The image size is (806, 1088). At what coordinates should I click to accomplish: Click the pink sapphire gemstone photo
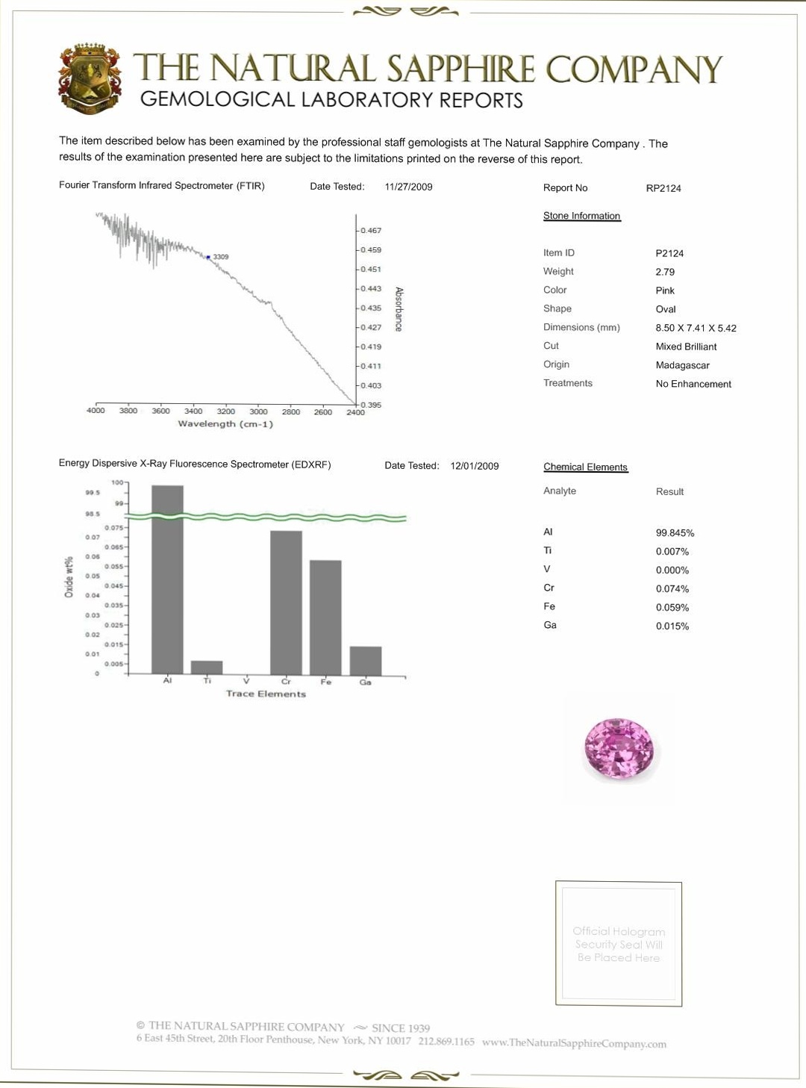tap(619, 748)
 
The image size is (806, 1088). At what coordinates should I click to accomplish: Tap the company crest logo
tap(90, 78)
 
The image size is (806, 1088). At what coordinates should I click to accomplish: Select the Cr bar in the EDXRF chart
tap(286, 602)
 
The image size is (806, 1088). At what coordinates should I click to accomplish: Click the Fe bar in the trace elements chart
tap(325, 617)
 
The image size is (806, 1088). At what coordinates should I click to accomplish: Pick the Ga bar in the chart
tap(366, 660)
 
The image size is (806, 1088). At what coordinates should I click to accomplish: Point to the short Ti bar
tap(207, 667)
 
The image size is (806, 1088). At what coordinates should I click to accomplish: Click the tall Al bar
tap(167, 579)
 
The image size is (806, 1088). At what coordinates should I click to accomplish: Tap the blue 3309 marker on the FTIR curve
tap(208, 257)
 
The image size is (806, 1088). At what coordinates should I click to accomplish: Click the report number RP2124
tap(663, 188)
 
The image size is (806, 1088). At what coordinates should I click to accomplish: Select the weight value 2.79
tap(665, 272)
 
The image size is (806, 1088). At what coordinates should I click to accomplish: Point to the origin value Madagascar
tap(682, 365)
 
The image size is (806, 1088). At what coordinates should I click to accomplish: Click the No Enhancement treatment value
tap(693, 384)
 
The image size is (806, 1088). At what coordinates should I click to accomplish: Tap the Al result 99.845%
tap(675, 533)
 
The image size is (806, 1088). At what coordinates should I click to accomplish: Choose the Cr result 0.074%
tap(672, 589)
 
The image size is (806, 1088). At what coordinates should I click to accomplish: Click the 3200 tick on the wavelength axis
tap(225, 411)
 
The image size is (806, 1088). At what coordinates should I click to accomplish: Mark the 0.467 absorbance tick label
tap(371, 231)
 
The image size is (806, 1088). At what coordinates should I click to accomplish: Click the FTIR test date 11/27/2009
tap(408, 187)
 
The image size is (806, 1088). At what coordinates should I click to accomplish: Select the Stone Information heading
tap(581, 216)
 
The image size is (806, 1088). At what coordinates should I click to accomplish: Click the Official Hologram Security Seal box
tap(618, 943)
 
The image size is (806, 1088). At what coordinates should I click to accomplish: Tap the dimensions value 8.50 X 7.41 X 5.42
tap(696, 328)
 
